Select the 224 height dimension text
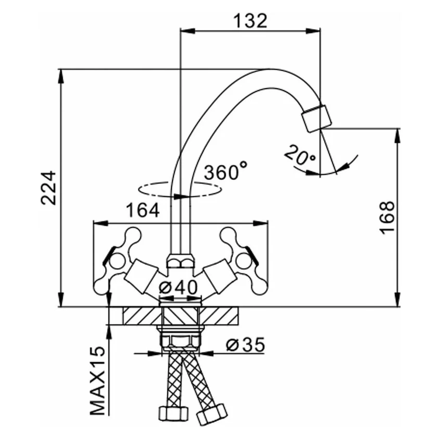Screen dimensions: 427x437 (50, 188)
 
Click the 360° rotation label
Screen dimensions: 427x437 (225, 172)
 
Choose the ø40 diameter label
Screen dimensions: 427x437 (179, 287)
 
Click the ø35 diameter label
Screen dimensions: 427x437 (246, 344)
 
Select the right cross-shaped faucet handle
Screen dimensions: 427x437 (240, 253)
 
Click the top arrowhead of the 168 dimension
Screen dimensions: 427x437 (398, 133)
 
